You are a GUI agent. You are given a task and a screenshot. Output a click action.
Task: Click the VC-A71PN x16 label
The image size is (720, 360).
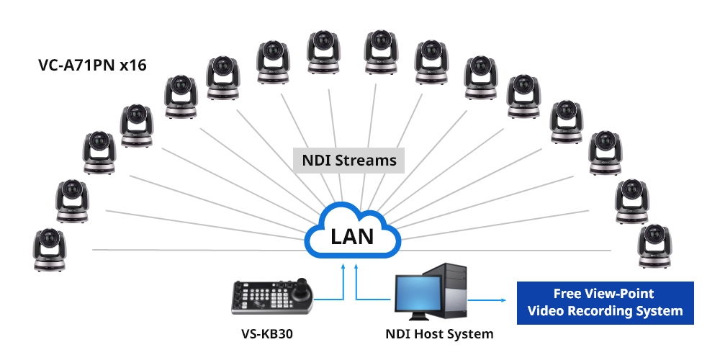(x=92, y=66)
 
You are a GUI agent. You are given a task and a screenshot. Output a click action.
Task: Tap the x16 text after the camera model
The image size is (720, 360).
(x=133, y=66)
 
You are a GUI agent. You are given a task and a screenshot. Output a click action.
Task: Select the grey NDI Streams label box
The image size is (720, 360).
(x=348, y=160)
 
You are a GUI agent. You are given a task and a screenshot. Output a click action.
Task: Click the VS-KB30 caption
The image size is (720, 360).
(x=267, y=334)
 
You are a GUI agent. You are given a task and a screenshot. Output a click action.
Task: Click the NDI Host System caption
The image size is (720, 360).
(x=439, y=334)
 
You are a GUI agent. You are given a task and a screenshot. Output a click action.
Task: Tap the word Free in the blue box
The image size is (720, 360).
(x=567, y=294)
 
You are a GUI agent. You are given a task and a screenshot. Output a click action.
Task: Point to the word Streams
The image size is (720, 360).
(x=370, y=160)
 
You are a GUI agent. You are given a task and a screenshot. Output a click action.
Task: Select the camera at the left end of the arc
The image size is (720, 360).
(x=50, y=249)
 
